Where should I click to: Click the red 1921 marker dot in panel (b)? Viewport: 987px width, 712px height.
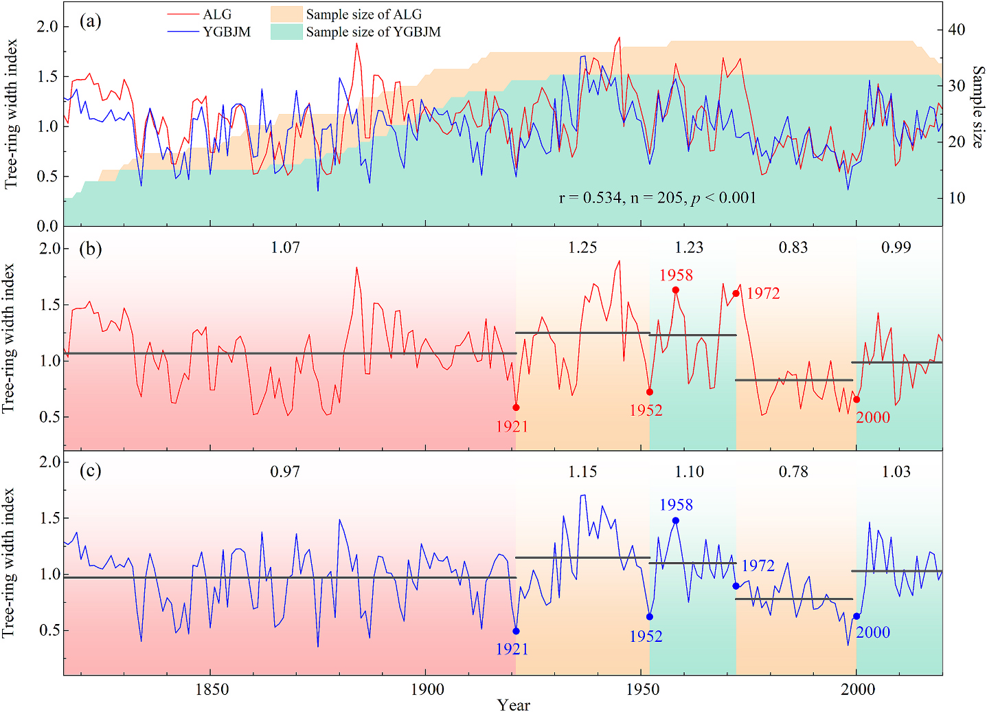[x=517, y=408]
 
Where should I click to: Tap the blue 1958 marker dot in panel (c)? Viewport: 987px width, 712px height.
[x=676, y=520]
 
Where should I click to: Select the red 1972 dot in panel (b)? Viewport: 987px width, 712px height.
[x=736, y=293]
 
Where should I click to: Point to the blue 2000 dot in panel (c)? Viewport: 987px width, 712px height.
[x=856, y=616]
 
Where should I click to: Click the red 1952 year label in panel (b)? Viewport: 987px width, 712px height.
[x=646, y=410]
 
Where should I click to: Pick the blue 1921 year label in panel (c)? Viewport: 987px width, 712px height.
[x=512, y=649]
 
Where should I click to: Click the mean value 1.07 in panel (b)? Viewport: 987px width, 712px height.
[x=285, y=247]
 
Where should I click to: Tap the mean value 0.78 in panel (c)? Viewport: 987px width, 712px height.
[x=793, y=472]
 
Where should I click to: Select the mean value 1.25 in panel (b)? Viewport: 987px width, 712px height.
[x=582, y=247]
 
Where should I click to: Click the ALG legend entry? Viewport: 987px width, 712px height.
[x=217, y=14]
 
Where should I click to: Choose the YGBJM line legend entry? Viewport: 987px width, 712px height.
[x=227, y=32]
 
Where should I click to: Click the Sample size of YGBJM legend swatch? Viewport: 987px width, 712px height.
[x=286, y=32]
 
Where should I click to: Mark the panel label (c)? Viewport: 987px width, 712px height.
[x=90, y=471]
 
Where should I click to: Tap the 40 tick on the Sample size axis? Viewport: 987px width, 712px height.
[x=957, y=30]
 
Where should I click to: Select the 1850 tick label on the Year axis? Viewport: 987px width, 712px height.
[x=212, y=689]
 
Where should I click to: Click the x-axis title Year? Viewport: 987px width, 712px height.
[x=514, y=704]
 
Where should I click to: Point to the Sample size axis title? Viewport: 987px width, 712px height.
[x=977, y=107]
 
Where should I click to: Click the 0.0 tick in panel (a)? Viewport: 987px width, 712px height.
[x=47, y=226]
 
